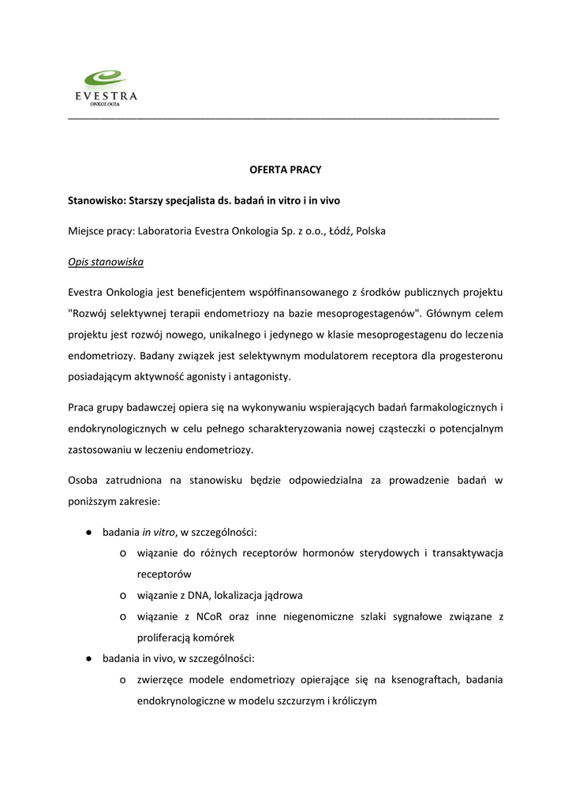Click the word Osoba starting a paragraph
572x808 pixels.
coord(85,481)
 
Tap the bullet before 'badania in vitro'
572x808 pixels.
coord(91,533)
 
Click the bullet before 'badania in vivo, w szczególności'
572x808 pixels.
coord(91,658)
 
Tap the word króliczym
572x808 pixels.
coord(353,700)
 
